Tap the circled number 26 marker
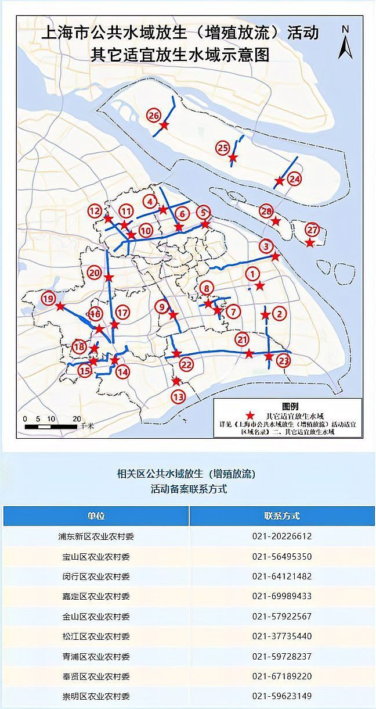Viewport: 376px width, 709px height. (153, 116)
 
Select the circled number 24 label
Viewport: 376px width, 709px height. (295, 179)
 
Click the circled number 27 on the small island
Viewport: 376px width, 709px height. (312, 229)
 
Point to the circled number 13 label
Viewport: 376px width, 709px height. (178, 397)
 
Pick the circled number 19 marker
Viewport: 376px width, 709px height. (48, 298)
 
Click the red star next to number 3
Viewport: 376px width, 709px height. (276, 256)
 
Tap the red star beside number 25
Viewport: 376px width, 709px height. (233, 157)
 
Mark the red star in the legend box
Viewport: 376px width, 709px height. (250, 416)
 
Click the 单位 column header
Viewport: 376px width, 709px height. (96, 516)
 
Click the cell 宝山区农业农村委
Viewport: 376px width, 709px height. (96, 557)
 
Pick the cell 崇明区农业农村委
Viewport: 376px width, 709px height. (96, 696)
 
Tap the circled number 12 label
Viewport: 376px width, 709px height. (95, 211)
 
